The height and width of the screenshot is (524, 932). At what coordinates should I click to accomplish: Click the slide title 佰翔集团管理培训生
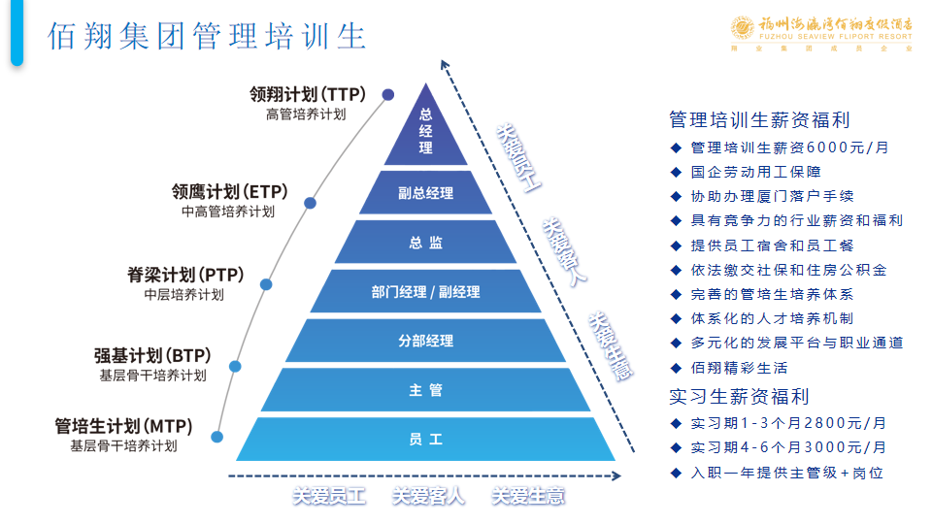pos(207,36)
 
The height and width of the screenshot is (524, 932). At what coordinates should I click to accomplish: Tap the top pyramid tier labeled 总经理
pos(425,130)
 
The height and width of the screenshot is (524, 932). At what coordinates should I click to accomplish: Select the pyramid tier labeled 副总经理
pos(425,193)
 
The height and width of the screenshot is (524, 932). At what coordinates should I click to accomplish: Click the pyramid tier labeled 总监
pos(425,243)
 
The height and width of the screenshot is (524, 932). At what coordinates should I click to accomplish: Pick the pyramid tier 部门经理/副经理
pos(425,291)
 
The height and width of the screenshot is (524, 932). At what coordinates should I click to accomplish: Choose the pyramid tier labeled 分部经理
pos(425,341)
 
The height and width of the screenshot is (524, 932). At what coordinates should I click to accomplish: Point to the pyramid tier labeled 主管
pos(425,390)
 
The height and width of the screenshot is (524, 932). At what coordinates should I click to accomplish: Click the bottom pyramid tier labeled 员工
pos(425,440)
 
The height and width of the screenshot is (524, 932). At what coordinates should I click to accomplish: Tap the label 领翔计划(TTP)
pos(307,95)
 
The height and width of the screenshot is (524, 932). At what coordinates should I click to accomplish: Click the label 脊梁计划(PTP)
pos(185,275)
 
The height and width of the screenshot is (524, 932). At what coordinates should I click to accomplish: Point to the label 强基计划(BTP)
pos(152,355)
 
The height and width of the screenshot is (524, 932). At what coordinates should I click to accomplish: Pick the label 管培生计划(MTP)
pos(123,426)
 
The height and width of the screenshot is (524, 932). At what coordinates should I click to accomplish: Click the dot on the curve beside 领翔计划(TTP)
pos(388,94)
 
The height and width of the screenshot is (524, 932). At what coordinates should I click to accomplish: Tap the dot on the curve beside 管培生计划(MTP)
pos(217,437)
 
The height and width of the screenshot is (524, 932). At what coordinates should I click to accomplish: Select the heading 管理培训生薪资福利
pos(759,119)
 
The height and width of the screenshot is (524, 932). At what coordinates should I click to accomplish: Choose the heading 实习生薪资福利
pos(739,396)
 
